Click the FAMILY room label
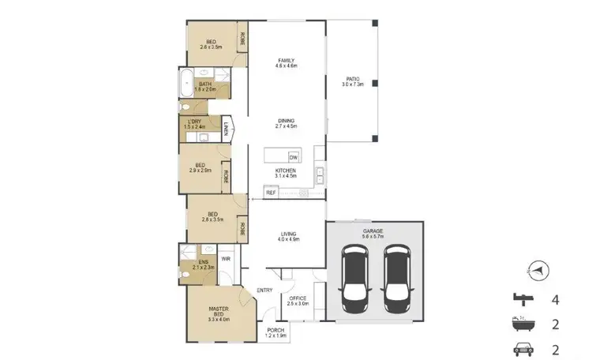[285, 62]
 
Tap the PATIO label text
[354, 80]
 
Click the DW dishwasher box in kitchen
[293, 156]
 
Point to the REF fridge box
[271, 192]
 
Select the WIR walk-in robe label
[225, 258]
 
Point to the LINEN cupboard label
[225, 129]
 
